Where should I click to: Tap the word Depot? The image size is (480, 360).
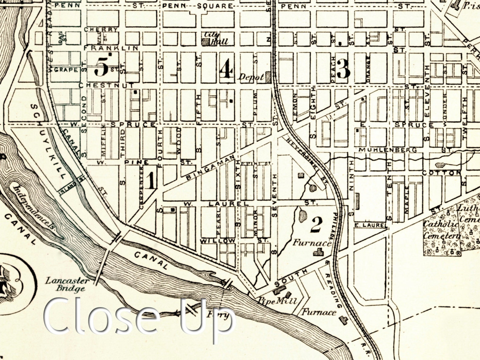[251, 77]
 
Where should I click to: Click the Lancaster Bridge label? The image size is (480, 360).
[68, 284]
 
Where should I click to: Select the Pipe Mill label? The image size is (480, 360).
[277, 301]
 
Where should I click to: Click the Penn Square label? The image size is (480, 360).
[198, 6]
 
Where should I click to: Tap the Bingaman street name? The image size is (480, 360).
[210, 168]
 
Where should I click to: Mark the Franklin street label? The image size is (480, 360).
[111, 48]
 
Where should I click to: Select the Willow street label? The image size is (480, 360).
[218, 241]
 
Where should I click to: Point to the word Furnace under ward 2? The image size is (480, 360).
[312, 242]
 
